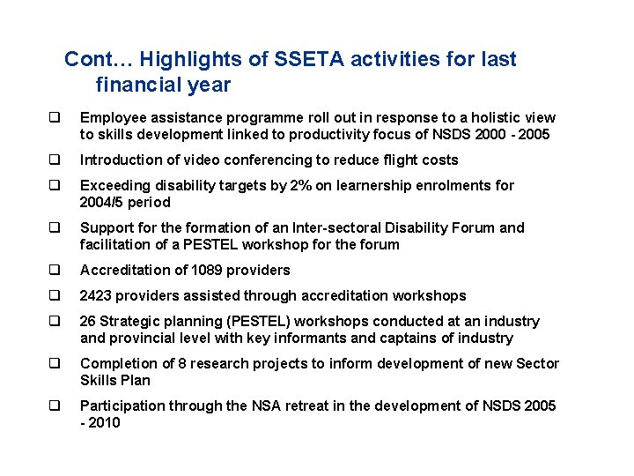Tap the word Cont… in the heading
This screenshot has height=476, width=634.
99,60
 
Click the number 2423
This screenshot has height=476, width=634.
97,296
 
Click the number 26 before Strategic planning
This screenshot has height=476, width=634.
88,322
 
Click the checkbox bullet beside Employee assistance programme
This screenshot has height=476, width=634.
55,118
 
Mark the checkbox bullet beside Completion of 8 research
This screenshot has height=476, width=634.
55,364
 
